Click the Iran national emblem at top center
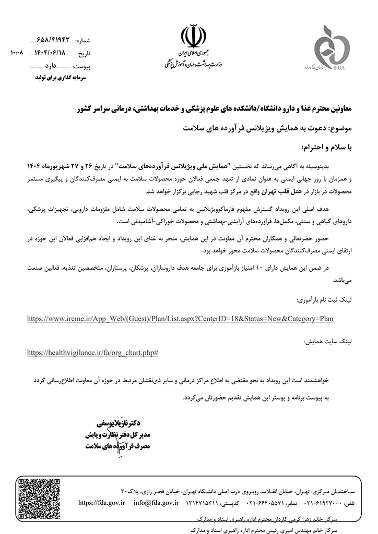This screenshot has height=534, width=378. pos(189,37)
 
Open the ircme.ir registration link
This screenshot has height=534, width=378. pos(180,318)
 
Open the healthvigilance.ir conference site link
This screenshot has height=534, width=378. pos(92,353)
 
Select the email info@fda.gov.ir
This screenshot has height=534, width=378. pos(156,503)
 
